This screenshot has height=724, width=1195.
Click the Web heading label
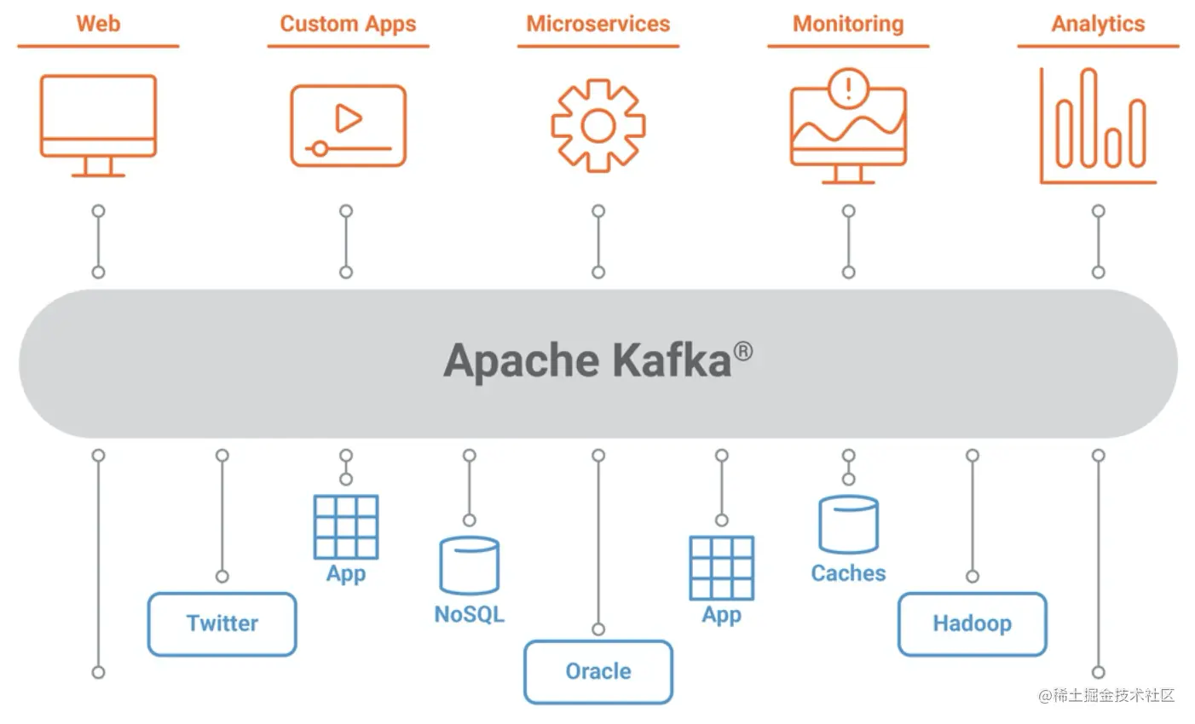98,24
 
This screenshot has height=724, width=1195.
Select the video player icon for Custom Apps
348,125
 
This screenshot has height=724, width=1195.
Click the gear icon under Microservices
597,126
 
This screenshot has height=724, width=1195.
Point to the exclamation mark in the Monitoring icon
847,88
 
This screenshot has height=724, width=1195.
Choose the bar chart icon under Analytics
1098,126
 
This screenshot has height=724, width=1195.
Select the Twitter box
222,623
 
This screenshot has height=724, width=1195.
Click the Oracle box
597,671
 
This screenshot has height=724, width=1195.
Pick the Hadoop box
972,623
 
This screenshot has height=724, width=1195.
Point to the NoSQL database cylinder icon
469,565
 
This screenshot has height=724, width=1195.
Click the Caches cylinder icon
848,525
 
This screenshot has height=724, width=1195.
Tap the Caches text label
848,573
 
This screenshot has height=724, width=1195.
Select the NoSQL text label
469,614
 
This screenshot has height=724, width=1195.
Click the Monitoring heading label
847,24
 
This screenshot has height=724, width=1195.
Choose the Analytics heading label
1098,24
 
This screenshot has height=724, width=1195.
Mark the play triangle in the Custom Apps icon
348,118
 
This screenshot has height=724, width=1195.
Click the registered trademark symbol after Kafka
743,350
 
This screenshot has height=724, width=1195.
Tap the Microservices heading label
597,24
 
